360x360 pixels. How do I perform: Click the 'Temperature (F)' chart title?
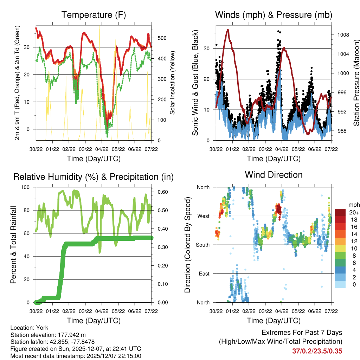[94, 15]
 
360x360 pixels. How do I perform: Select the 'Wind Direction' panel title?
[274, 175]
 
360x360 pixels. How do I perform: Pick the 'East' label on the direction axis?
[204, 274]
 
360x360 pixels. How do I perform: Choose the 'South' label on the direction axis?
[203, 245]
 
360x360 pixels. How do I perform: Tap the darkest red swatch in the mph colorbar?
[340, 212]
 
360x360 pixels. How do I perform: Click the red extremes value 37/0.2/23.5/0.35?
[317, 351]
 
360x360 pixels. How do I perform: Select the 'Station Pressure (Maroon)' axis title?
[356, 83]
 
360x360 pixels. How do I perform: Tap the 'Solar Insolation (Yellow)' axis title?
[172, 83]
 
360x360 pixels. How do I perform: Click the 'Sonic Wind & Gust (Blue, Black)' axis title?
[195, 83]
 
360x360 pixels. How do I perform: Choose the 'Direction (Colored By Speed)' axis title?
[187, 245]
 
